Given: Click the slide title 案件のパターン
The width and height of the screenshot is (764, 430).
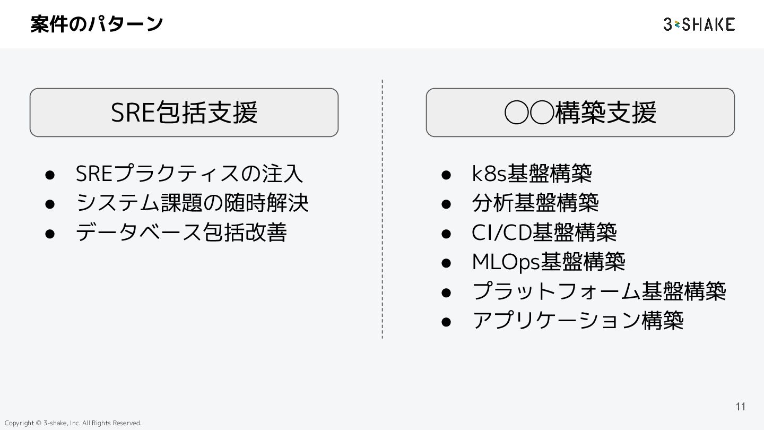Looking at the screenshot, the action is pos(97,24).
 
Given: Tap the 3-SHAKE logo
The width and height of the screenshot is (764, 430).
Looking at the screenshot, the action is pos(699,24).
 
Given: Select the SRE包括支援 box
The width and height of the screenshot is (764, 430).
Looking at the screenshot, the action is pos(184,113).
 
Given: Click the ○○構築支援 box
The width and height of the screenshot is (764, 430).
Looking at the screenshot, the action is pos(580,113).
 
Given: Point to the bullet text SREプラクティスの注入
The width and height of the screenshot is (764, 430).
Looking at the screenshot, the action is pos(189,174).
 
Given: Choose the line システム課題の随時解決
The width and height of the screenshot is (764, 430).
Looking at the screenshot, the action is pos(192,203).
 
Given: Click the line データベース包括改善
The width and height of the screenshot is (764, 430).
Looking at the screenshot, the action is pos(181,232).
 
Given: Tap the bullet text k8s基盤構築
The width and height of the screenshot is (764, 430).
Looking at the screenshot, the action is pos(532,174).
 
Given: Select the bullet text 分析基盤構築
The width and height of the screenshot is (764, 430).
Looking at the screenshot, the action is pos(535,203).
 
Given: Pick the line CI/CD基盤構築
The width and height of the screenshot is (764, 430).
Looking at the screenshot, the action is pos(544,232).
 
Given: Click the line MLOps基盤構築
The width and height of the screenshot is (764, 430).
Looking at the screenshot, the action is pos(549,261).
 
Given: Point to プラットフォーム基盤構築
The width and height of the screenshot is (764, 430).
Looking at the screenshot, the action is pos(599,291).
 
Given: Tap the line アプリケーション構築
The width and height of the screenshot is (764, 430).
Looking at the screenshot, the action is pos(578,320).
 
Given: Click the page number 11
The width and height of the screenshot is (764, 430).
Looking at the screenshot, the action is pos(741,407).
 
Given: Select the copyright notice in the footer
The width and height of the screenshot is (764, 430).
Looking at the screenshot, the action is pos(73,423).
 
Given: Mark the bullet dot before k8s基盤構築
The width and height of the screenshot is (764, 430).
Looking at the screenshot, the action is pos(446,174).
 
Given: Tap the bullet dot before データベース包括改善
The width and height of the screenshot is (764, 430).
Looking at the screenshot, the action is pos(50,233).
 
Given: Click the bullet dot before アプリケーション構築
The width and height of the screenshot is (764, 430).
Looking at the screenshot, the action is pos(446,321).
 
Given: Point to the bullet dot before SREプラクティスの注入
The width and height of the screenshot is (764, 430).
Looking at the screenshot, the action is pos(50,174).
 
